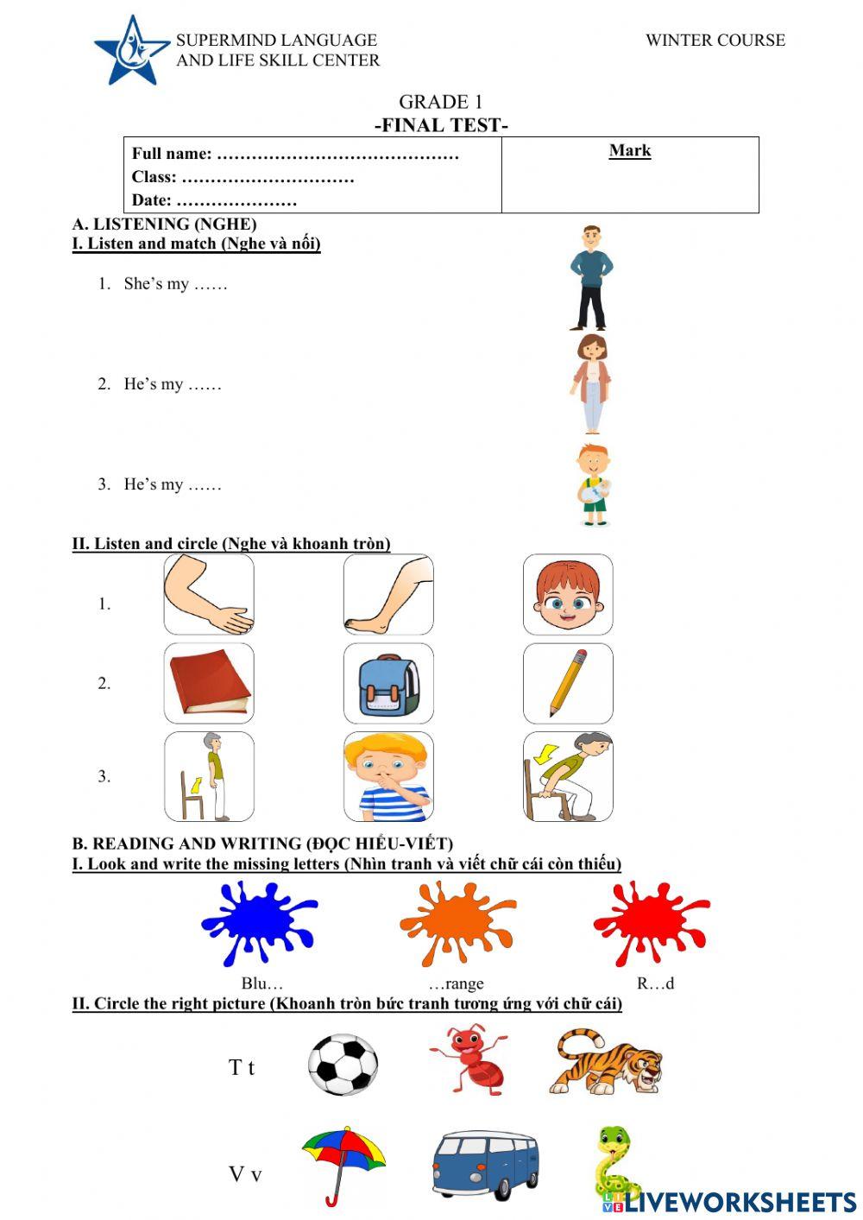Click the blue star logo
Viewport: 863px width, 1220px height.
[131, 51]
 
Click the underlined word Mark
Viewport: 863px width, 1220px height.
[629, 151]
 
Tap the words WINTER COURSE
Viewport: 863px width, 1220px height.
[715, 41]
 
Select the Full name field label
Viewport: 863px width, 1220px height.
[172, 155]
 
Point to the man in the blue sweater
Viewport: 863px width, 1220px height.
[591, 277]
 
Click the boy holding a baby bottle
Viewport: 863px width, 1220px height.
[593, 485]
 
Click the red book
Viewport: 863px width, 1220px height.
[209, 684]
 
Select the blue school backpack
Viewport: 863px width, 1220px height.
[388, 684]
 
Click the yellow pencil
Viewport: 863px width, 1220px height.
[568, 684]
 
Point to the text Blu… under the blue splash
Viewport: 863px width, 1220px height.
[261, 983]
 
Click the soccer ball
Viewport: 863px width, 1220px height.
[343, 1065]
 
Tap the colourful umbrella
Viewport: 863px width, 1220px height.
[343, 1162]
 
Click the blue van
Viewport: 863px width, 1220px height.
[485, 1166]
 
